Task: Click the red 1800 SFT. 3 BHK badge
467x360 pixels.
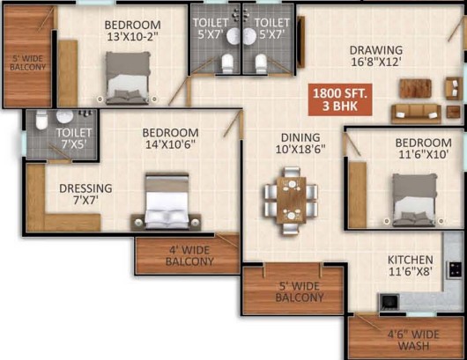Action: (x=340, y=99)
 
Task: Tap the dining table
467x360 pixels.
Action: (x=292, y=200)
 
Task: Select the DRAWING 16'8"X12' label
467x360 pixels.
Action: (x=376, y=56)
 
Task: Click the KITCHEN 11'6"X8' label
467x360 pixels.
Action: (x=410, y=266)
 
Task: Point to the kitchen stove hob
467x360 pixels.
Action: (x=455, y=269)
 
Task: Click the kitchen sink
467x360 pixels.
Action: (x=389, y=302)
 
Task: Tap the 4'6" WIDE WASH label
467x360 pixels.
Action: (x=413, y=340)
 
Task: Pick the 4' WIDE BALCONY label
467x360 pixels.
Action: (x=189, y=255)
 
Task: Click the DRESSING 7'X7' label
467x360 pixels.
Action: (x=85, y=194)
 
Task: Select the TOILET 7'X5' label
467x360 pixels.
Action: (x=74, y=138)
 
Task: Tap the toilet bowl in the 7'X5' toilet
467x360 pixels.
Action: (x=41, y=120)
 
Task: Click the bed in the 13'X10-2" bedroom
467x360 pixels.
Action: (x=128, y=78)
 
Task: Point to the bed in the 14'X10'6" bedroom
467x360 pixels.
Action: (x=167, y=202)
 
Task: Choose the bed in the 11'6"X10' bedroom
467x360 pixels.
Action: (x=414, y=200)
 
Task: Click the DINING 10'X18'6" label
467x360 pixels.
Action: (x=300, y=143)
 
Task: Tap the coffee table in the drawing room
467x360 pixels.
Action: (x=415, y=88)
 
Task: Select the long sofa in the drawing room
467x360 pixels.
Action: (x=416, y=114)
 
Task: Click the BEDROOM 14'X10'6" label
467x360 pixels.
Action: (x=170, y=138)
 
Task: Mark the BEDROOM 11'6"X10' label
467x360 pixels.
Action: (x=423, y=149)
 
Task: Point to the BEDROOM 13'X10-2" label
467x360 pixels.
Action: (x=132, y=30)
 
